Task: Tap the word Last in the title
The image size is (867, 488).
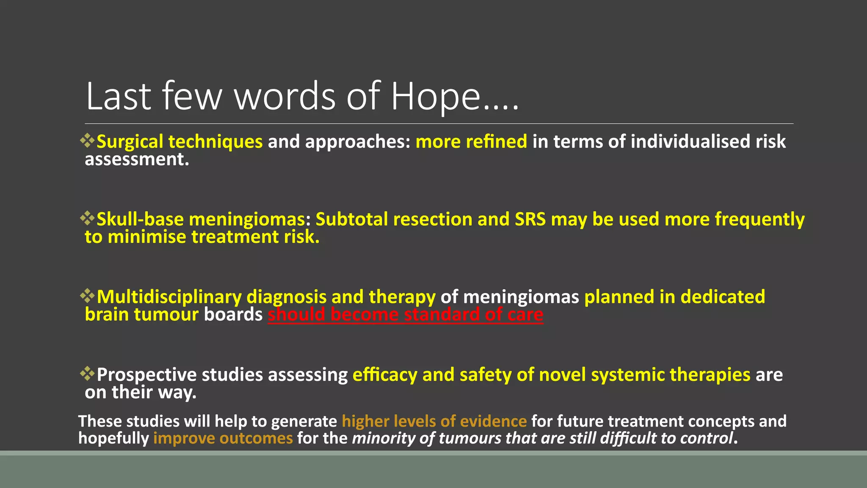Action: click(118, 97)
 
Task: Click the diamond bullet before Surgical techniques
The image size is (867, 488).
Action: click(88, 141)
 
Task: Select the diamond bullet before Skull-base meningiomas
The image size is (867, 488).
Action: click(88, 218)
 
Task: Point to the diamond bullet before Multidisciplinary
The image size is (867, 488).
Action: click(88, 296)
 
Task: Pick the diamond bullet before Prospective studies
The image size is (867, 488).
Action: click(88, 374)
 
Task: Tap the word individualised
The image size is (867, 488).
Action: click(685, 141)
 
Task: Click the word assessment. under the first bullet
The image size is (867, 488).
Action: click(137, 159)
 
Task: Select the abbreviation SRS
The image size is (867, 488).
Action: click(530, 219)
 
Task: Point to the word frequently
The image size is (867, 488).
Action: click(759, 219)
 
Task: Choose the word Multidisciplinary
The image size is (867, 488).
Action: click(169, 297)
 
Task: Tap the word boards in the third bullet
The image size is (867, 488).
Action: click(233, 315)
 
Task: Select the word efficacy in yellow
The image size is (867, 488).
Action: click(384, 375)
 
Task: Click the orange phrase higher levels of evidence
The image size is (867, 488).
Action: click(434, 421)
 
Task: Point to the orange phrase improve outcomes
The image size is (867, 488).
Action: click(223, 438)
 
